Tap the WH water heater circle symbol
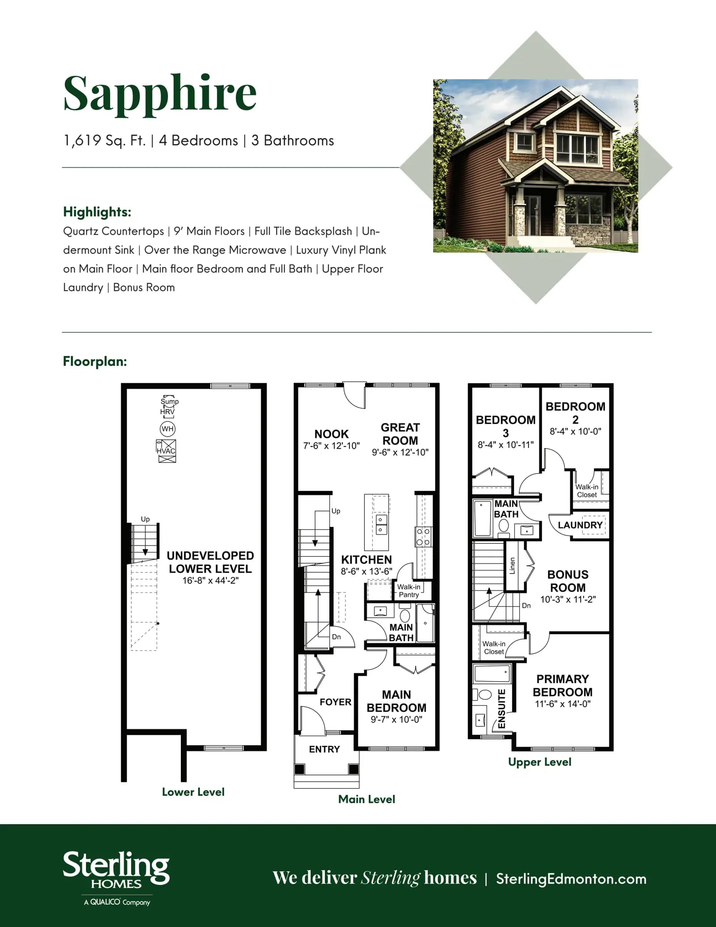click(167, 429)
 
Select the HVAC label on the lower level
click(166, 451)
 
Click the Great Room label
click(400, 434)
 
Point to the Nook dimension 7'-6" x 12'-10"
click(332, 446)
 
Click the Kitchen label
click(367, 560)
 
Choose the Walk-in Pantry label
click(409, 591)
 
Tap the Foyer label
click(335, 702)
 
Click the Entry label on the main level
click(324, 749)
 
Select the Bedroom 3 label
click(506, 426)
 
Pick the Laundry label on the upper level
click(580, 525)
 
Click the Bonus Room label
click(568, 581)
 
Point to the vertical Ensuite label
click(502, 708)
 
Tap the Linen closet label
click(512, 566)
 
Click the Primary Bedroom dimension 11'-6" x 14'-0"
click(563, 704)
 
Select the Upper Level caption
click(540, 762)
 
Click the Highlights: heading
click(97, 212)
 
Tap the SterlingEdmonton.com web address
click(571, 879)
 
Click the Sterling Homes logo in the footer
click(116, 878)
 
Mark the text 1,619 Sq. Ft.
click(105, 141)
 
